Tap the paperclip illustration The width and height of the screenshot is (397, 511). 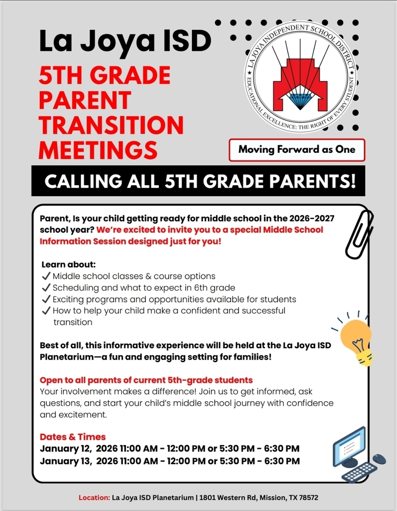(x=359, y=234)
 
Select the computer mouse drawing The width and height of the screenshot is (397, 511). (x=379, y=458)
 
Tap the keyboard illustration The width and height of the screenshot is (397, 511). (x=359, y=472)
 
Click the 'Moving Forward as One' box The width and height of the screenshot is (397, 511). (x=297, y=149)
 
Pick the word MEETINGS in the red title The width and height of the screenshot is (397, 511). (x=98, y=150)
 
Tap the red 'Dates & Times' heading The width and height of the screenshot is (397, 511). (x=73, y=437)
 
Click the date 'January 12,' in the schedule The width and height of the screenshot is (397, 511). (x=65, y=449)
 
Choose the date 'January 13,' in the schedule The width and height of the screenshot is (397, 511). (x=65, y=461)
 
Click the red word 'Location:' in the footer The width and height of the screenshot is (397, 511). (x=94, y=498)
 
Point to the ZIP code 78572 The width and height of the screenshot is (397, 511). (x=308, y=498)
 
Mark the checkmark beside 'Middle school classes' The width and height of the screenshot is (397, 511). (x=46, y=276)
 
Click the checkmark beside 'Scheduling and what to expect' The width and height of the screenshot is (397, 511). (x=46, y=287)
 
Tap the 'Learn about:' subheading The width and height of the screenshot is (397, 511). (x=68, y=264)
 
